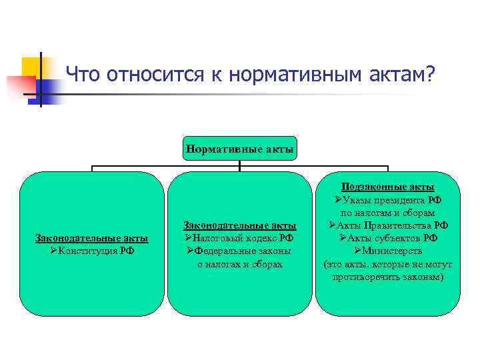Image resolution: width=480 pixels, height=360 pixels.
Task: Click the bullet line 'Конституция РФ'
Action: (92, 251)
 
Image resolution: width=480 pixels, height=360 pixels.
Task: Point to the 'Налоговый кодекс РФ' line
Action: (240, 239)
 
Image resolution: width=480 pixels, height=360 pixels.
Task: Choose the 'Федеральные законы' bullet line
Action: (240, 251)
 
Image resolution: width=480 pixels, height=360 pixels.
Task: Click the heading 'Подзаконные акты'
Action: (387, 187)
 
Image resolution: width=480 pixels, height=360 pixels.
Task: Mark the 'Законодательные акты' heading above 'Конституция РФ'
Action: (92, 238)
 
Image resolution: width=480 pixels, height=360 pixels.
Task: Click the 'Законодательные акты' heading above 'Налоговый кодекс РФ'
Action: (240, 226)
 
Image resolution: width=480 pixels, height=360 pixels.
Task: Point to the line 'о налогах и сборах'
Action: (240, 264)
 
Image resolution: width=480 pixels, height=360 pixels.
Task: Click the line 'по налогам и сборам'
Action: (387, 213)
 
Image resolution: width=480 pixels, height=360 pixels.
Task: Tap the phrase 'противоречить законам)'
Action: (387, 276)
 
